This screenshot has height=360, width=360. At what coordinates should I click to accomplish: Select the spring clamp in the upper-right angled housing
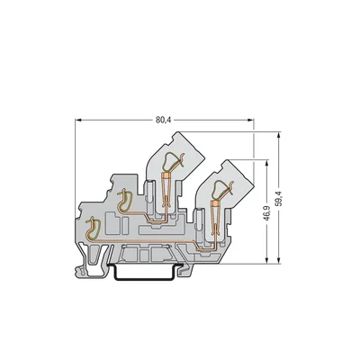click(219, 188)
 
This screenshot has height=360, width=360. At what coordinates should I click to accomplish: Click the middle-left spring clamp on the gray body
click(125, 206)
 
